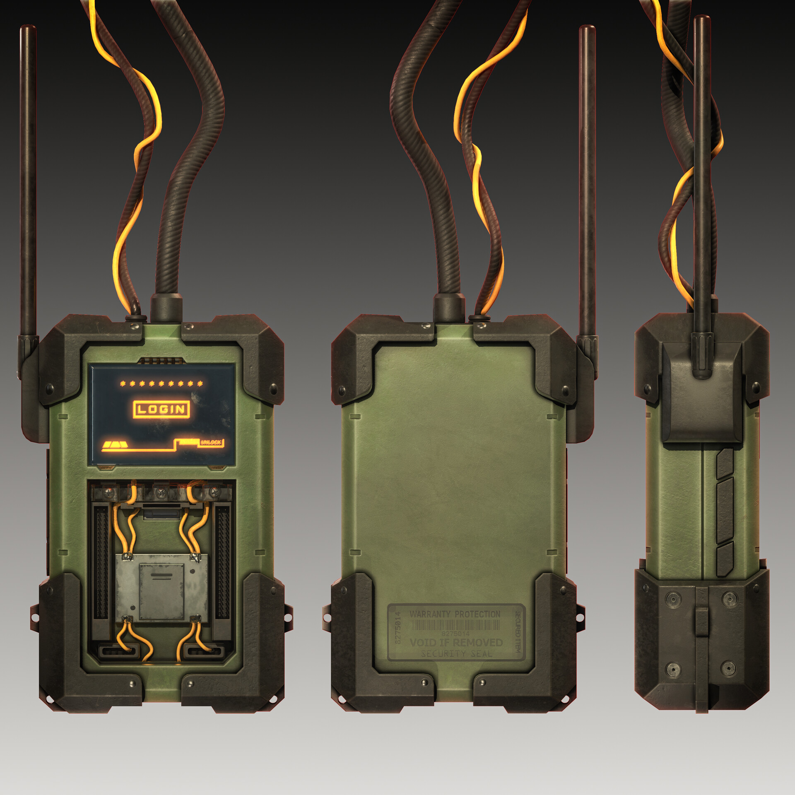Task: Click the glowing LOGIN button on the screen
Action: (x=161, y=409)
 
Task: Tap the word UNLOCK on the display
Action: (x=211, y=442)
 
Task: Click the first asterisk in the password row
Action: (x=123, y=383)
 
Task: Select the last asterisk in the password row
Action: (x=200, y=383)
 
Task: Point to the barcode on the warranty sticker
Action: (x=455, y=625)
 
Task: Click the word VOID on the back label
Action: (x=423, y=643)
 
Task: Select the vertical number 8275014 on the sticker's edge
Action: (x=398, y=627)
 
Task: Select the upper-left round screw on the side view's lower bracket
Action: (x=673, y=599)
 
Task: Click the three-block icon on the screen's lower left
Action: (x=115, y=445)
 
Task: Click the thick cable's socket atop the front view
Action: (x=166, y=308)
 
